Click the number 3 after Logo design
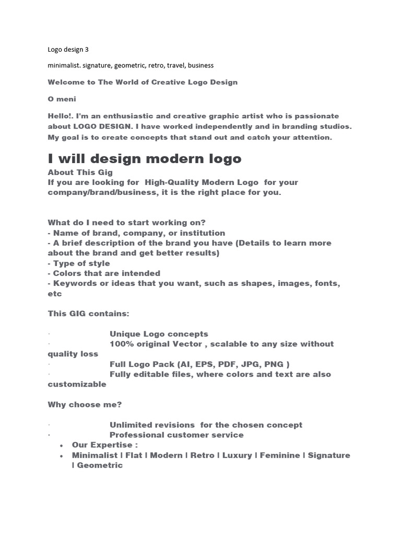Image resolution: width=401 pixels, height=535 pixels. pyautogui.click(x=87, y=50)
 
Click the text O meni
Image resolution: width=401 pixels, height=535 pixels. pyautogui.click(x=62, y=99)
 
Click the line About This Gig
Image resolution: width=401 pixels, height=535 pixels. pyautogui.click(x=80, y=172)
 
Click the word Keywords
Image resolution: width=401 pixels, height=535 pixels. pyautogui.click(x=74, y=283)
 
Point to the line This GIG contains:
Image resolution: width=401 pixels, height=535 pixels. pyautogui.click(x=88, y=313)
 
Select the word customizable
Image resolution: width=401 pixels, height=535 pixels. pyautogui.click(x=77, y=384)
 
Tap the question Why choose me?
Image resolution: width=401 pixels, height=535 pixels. pyautogui.click(x=85, y=404)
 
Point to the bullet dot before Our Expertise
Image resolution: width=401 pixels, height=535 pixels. pyautogui.click(x=62, y=446)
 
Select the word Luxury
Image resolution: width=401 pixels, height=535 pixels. pyautogui.click(x=237, y=455)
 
